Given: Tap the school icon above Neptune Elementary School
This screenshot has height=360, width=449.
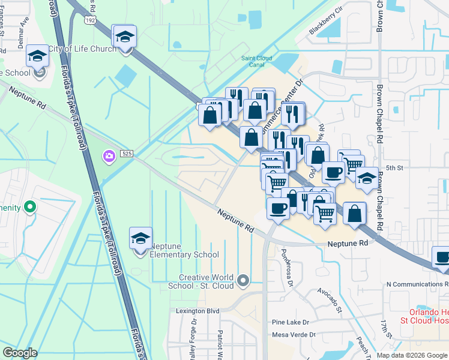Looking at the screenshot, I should (140, 239).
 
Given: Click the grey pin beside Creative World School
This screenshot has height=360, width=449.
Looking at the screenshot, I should (243, 280).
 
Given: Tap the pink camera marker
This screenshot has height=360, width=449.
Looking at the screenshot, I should (109, 157).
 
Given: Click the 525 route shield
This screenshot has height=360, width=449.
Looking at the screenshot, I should (125, 154).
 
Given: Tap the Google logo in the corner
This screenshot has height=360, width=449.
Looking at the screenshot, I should (20, 353).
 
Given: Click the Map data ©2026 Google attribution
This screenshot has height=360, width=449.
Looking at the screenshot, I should (412, 355).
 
